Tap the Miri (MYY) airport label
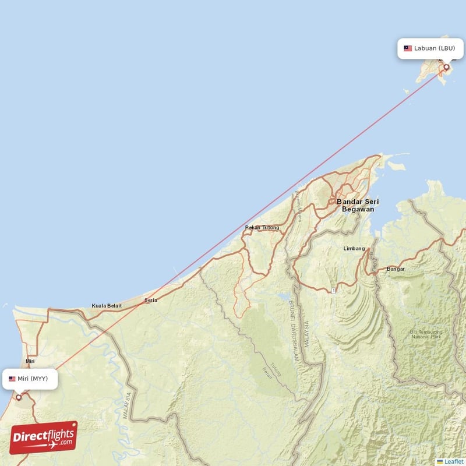pyautogui.click(x=33, y=379)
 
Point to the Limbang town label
pyautogui.click(x=354, y=249)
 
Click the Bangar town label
pyautogui.click(x=396, y=269)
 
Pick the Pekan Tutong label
pyautogui.click(x=262, y=228)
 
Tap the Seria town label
pyautogui.click(x=150, y=301)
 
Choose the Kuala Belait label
pyautogui.click(x=107, y=306)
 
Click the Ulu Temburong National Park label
pyautogui.click(x=426, y=334)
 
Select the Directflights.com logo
pyautogui.click(x=44, y=437)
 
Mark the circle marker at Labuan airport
pyautogui.click(x=447, y=68)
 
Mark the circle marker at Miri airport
pyautogui.click(x=19, y=397)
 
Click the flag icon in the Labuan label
pyautogui.click(x=408, y=48)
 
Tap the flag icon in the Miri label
pyautogui.click(x=12, y=379)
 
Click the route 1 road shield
pyautogui.click(x=332, y=290)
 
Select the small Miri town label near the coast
pyautogui.click(x=30, y=361)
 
